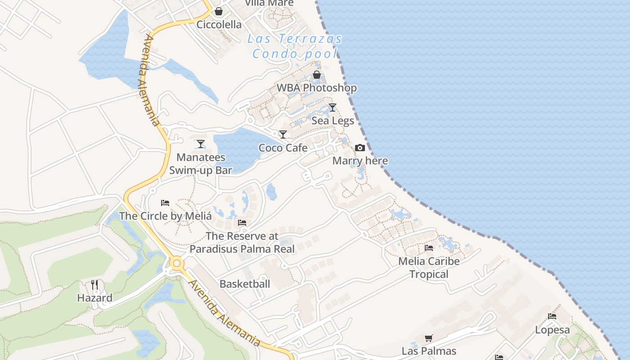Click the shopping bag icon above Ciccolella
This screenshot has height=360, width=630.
pyautogui.click(x=218, y=11)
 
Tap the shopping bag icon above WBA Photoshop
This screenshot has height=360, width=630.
pyautogui.click(x=317, y=75)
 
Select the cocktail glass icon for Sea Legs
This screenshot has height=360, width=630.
pyautogui.click(x=333, y=108)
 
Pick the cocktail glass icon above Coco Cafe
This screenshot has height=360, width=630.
pyautogui.click(x=283, y=135)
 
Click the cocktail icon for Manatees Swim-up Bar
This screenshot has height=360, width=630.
pyautogui.click(x=201, y=144)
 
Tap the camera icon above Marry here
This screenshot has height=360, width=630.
pyautogui.click(x=360, y=148)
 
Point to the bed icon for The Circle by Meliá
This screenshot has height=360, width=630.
pyautogui.click(x=165, y=203)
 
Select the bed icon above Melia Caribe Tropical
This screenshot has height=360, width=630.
pyautogui.click(x=429, y=248)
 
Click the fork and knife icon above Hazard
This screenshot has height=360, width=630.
pyautogui.click(x=94, y=285)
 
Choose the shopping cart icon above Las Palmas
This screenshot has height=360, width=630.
pyautogui.click(x=429, y=338)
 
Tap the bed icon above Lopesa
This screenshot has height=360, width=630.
pyautogui.click(x=552, y=316)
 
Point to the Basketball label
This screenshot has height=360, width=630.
pyautogui.click(x=245, y=284)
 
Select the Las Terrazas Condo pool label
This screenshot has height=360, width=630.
pyautogui.click(x=295, y=46)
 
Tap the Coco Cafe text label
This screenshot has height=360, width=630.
pyautogui.click(x=283, y=148)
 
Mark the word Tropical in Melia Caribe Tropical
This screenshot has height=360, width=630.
pyautogui.click(x=429, y=274)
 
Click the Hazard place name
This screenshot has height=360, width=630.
pyautogui.click(x=94, y=298)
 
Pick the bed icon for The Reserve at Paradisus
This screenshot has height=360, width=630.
pyautogui.click(x=242, y=223)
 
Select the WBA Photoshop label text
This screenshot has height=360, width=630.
pyautogui.click(x=317, y=88)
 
